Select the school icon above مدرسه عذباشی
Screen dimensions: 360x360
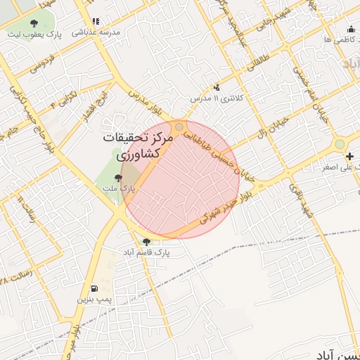point(96,22)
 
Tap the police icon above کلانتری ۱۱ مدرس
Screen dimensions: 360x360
point(217,87)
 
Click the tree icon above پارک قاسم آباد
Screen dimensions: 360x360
point(146,241)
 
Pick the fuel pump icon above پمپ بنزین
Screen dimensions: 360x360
point(94,288)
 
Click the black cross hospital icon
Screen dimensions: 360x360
point(350,155)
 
